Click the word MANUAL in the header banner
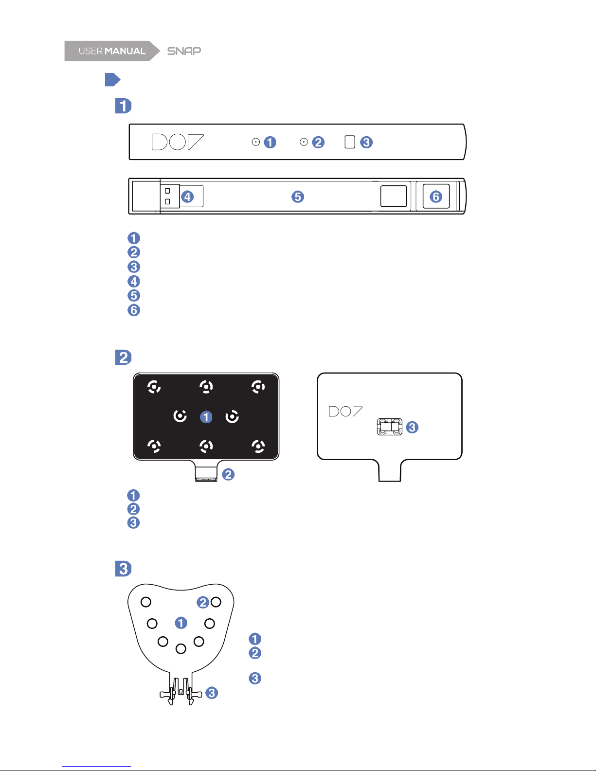125,51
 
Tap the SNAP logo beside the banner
184,51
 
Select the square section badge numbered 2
124,358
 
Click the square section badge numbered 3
124,569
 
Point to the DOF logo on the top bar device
178,142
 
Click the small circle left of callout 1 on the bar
255,142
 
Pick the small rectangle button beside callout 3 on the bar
350,142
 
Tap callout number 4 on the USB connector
187,197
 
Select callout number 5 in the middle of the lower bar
298,197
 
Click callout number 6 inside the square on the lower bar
436,197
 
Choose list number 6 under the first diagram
134,310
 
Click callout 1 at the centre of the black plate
206,417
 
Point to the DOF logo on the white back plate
345,412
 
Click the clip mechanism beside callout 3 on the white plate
390,427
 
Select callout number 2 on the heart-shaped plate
203,602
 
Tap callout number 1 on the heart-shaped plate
181,623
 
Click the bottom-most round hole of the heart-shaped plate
181,649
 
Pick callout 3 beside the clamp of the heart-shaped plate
212,693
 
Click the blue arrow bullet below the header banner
113,79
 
